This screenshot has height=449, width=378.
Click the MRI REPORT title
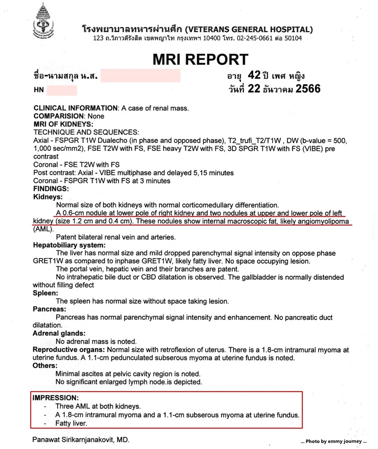click(200, 59)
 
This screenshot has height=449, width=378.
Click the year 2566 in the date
click(308, 89)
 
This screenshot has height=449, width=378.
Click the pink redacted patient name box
click(140, 76)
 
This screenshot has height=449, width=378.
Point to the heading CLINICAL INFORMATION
click(75, 108)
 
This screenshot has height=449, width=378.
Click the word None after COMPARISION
click(94, 116)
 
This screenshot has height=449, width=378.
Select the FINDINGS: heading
click(51, 188)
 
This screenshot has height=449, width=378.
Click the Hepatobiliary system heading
click(69, 246)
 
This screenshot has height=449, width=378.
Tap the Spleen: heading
click(46, 294)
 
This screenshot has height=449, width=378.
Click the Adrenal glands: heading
click(59, 333)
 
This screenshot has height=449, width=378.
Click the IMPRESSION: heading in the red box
click(55, 398)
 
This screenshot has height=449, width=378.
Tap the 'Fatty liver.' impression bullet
click(74, 424)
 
